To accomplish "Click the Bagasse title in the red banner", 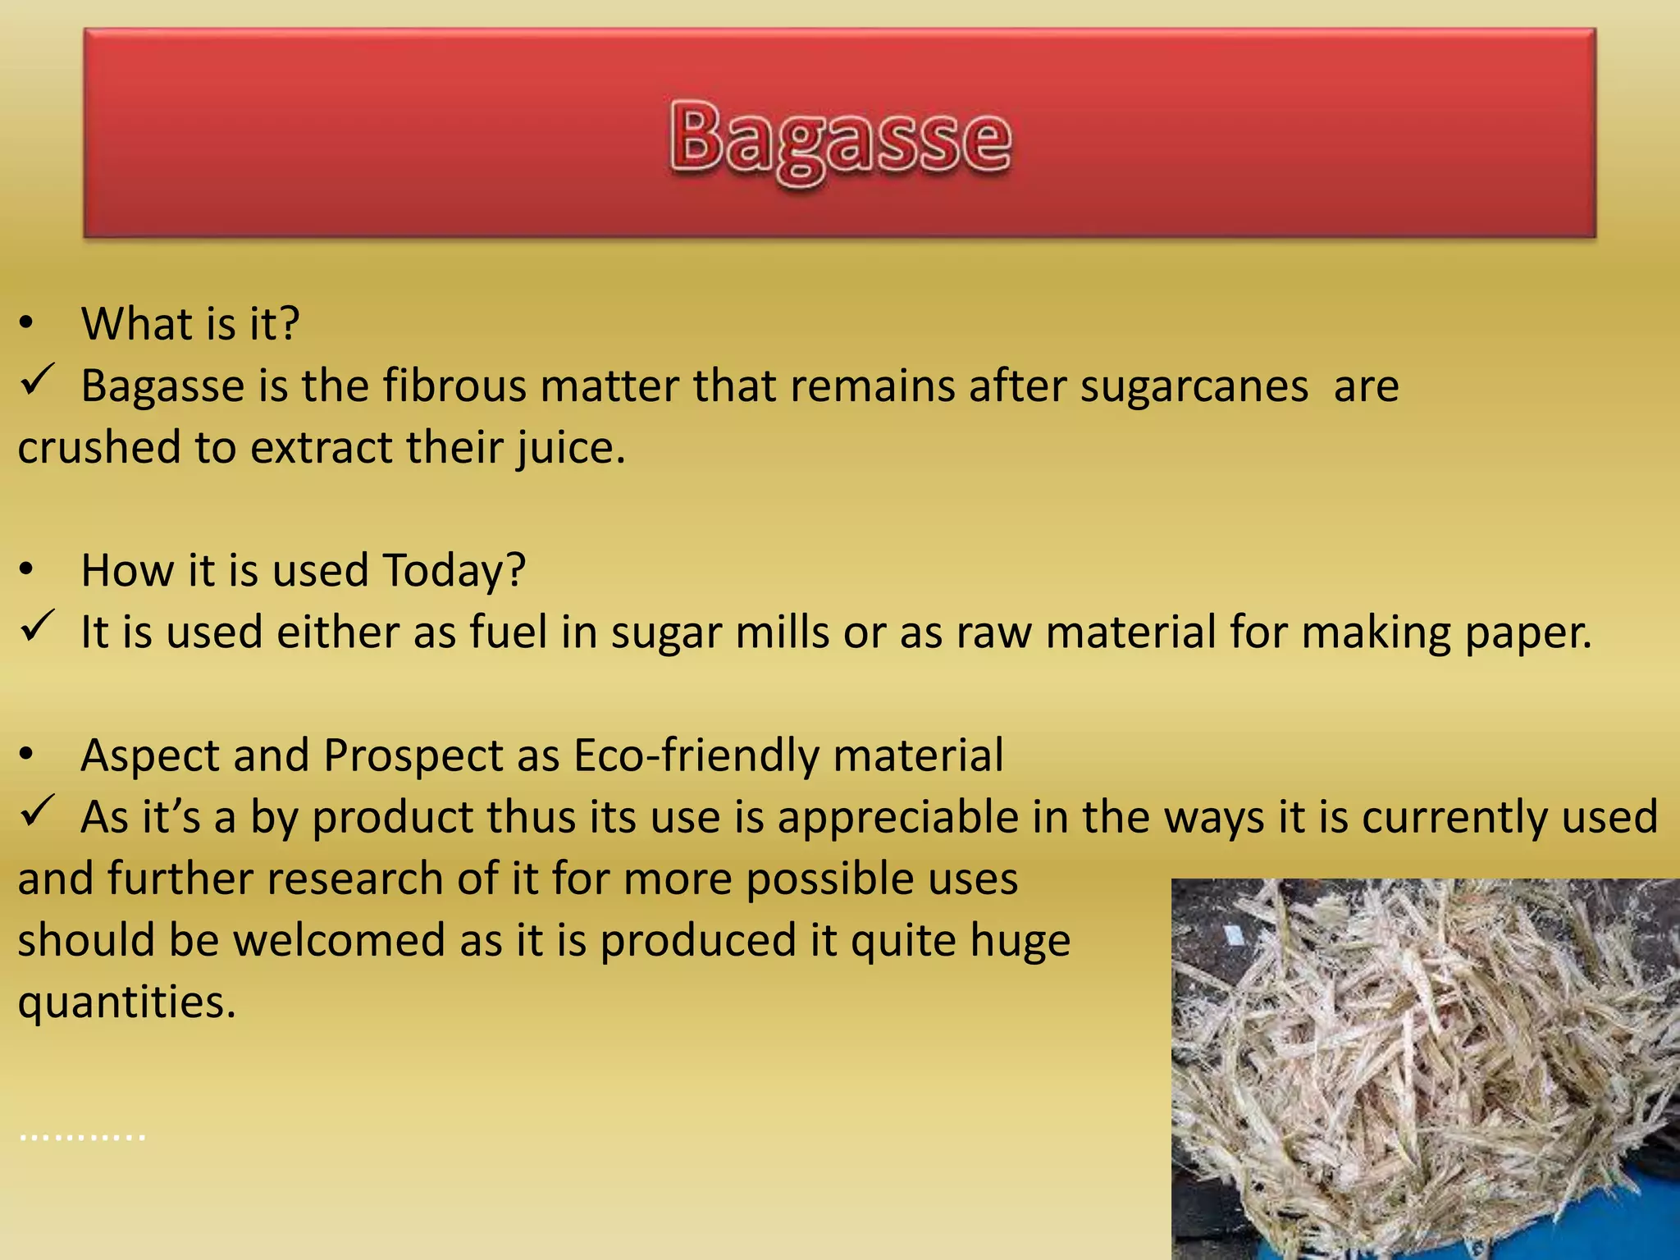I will point(840,139).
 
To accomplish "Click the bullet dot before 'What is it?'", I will point(27,323).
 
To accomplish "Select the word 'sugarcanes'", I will point(1194,386).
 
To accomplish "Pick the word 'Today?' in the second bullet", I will point(454,570).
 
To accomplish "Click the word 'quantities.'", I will point(127,1003).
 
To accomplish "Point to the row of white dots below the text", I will point(82,1138).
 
